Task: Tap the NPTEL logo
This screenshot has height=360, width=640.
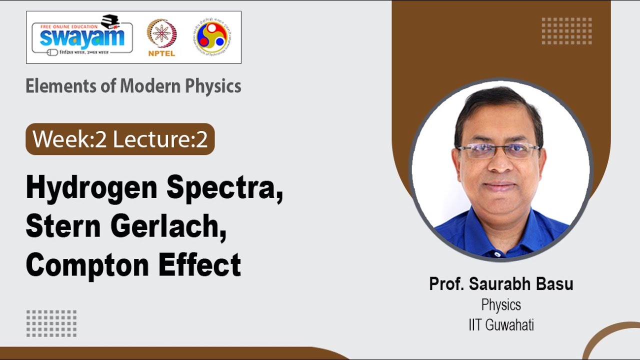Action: tap(161, 37)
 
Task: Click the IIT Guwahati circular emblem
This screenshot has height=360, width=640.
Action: tap(213, 37)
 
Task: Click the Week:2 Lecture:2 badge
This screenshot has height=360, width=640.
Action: tap(120, 139)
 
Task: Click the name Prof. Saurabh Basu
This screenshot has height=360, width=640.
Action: tap(501, 284)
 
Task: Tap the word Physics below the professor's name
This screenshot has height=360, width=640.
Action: tap(501, 304)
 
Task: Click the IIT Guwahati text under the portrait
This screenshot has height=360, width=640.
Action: tap(501, 325)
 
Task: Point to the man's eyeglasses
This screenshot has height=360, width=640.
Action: tap(498, 150)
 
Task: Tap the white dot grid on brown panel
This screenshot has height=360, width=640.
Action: tap(566, 31)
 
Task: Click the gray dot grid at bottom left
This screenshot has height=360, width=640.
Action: tap(51, 323)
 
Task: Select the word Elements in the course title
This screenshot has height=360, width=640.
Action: tap(56, 86)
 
